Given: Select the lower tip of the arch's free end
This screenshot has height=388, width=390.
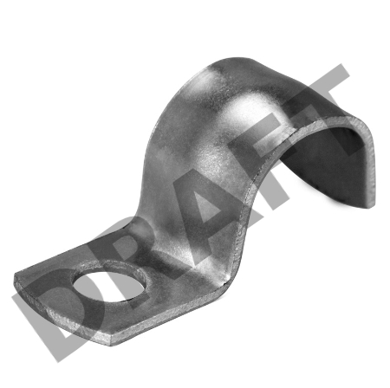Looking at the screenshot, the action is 370,206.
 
